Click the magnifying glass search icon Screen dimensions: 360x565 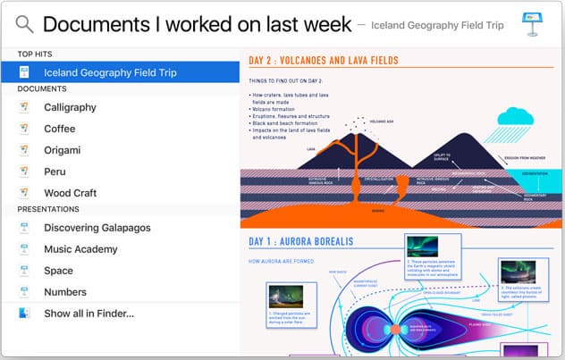click(24, 24)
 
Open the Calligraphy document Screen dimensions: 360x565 click(70, 107)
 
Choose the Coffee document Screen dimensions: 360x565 click(60, 129)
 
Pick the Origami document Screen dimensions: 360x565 click(62, 150)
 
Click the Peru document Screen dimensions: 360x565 click(55, 172)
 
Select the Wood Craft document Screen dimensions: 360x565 click(70, 193)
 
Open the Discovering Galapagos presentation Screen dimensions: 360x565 click(97, 228)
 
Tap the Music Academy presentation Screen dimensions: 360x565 click(82, 249)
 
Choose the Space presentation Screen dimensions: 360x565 click(58, 271)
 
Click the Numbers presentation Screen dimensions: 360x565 click(65, 292)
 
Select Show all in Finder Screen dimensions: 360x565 click(89, 314)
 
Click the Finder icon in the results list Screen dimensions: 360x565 click(24, 314)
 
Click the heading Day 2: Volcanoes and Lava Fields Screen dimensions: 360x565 click(323, 61)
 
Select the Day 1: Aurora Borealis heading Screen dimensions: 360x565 click(301, 241)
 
